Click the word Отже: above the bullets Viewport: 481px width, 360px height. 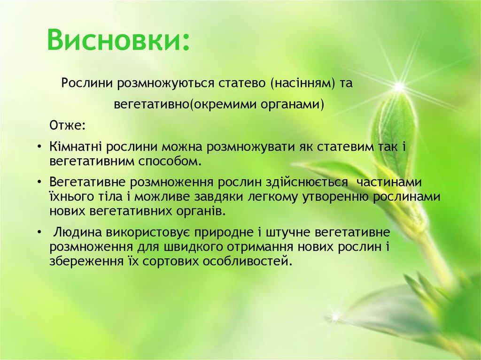[67, 125]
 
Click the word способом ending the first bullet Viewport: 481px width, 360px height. [170, 161]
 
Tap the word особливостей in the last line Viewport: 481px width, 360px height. [247, 261]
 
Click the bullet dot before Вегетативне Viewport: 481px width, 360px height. [39, 183]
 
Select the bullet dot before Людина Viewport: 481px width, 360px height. [39, 233]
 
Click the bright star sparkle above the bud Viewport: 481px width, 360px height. [399, 87]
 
